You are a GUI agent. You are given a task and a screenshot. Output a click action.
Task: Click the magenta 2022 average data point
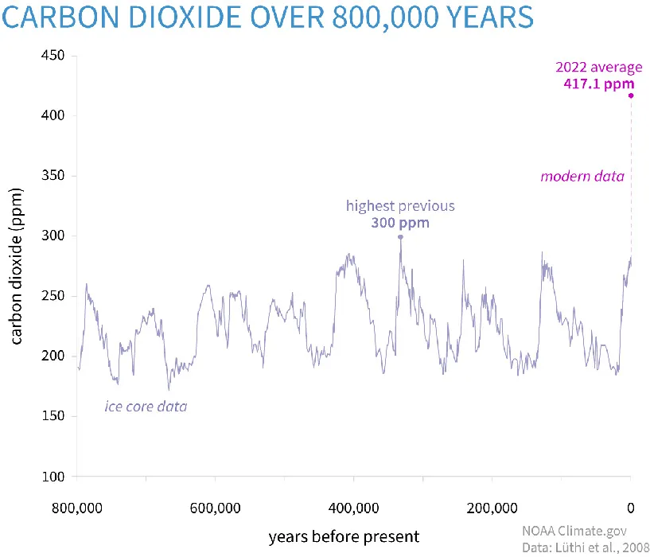coord(631,95)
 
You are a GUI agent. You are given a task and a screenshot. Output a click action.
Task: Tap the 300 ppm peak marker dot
coord(400,236)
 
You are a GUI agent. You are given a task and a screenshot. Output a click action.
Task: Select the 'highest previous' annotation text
coord(400,206)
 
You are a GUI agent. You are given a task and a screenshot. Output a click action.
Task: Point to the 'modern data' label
coord(582,176)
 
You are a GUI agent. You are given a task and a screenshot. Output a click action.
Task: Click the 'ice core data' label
coord(146,407)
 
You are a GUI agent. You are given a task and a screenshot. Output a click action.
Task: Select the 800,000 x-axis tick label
coord(77,507)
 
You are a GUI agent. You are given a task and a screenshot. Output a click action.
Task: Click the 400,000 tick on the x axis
coord(354,507)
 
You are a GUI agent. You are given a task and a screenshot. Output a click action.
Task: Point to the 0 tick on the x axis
coord(631,507)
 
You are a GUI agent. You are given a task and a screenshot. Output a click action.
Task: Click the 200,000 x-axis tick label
coord(492,507)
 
